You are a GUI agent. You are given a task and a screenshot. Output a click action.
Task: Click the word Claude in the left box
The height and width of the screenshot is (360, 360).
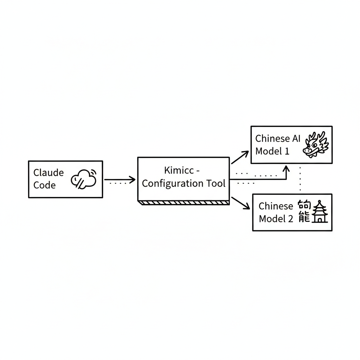(49, 173)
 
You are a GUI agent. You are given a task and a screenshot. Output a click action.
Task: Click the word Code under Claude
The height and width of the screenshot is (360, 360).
(45, 185)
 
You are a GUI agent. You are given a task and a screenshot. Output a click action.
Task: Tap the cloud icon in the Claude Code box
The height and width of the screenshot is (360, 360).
(84, 179)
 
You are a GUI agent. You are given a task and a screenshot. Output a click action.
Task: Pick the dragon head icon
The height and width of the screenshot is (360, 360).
(315, 144)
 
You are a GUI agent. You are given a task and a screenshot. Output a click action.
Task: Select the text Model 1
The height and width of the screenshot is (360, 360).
(272, 151)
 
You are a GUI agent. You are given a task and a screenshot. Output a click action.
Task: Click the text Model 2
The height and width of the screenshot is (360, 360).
(276, 219)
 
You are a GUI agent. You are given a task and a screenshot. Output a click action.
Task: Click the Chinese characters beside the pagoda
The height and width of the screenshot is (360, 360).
(304, 212)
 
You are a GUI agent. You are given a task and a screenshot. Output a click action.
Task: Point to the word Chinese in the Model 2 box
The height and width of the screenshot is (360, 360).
(276, 206)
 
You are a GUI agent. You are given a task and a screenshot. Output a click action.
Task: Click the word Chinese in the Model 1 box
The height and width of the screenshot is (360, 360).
(273, 138)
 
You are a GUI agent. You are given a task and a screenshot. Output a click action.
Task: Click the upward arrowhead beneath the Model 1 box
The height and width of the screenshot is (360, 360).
(286, 169)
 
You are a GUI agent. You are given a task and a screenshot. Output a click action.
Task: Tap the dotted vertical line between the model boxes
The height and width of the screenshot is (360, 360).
(300, 179)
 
